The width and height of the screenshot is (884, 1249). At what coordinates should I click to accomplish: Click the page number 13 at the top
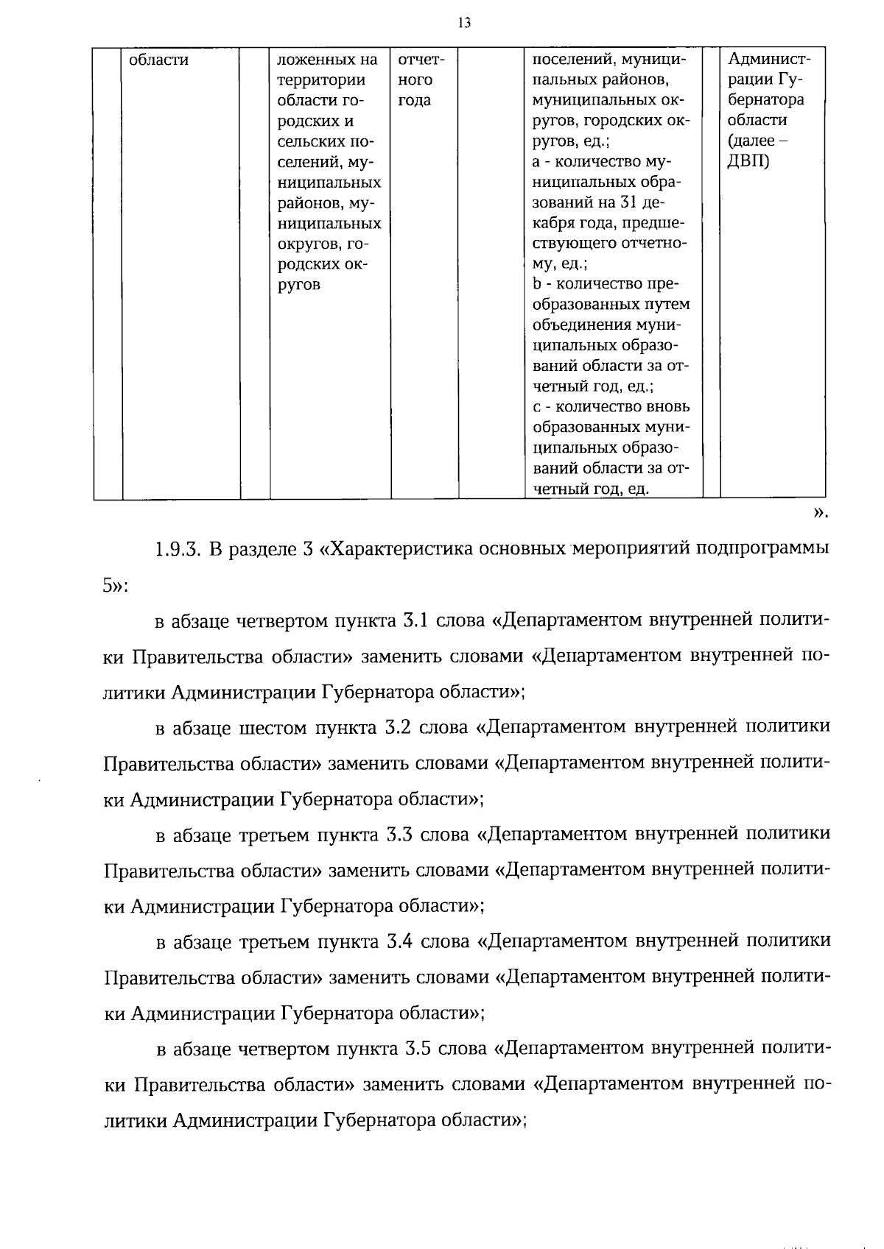[463, 23]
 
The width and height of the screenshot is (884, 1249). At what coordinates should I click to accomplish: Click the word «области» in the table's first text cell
[158, 60]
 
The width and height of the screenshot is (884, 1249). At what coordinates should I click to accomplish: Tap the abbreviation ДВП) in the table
[748, 161]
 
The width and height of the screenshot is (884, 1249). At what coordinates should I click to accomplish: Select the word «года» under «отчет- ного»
[414, 100]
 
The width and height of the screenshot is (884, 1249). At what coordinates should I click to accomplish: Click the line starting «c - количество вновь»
[611, 407]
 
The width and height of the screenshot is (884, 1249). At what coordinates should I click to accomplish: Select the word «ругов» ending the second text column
[298, 284]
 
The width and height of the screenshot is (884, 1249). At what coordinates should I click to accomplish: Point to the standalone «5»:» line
[116, 586]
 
